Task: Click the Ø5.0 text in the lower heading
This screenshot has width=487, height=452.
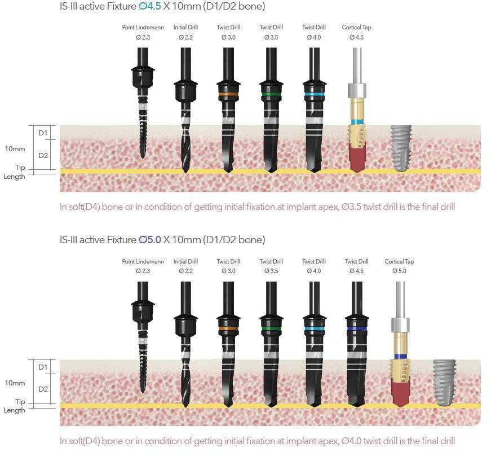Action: [150, 240]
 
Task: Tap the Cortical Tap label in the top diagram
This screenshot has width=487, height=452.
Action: [356, 27]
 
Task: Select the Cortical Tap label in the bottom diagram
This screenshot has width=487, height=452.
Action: [399, 261]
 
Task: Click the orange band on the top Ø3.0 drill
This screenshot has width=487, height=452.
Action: [228, 94]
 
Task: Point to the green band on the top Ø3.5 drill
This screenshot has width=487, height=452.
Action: [271, 94]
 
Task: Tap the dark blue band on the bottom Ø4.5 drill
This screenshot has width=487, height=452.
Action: [356, 328]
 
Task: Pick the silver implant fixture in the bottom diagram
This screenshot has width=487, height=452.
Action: [444, 382]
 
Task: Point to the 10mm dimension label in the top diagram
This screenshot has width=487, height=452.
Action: [15, 149]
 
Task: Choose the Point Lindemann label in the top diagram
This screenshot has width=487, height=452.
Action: [143, 27]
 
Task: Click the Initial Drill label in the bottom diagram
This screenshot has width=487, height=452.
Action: [185, 261]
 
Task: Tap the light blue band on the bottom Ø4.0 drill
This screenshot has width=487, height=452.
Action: [314, 328]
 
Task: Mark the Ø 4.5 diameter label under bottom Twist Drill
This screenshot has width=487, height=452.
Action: [356, 271]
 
